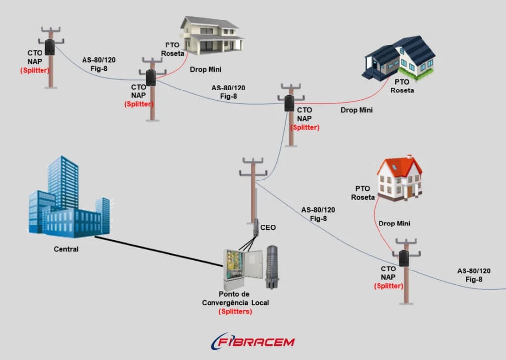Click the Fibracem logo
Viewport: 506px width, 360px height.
(253, 341)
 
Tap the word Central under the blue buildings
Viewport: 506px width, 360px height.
(66, 249)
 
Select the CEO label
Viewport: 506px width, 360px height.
(268, 228)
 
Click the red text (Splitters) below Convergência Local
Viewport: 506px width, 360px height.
(235, 312)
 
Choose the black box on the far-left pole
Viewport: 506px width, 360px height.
(50, 47)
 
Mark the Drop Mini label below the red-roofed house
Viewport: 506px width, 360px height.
(394, 224)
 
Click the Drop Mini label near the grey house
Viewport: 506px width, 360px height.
(205, 69)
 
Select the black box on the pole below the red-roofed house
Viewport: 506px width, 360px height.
(404, 258)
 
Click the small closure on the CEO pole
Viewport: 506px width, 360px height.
(256, 228)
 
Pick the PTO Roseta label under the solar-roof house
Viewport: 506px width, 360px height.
(402, 86)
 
